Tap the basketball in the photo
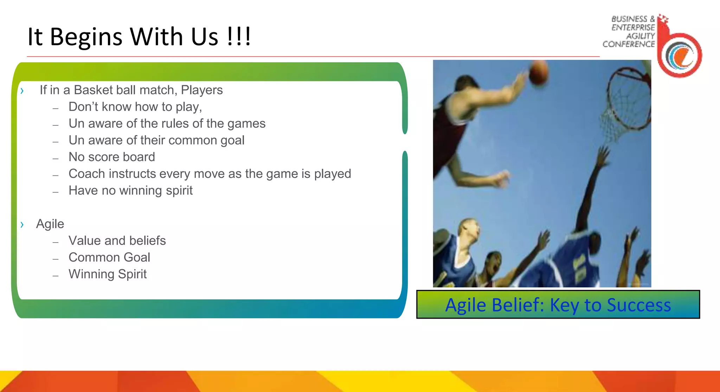tap(538, 72)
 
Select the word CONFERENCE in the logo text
tap(629, 44)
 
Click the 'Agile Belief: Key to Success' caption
tap(558, 305)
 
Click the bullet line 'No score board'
tap(112, 157)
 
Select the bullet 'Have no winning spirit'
tap(130, 191)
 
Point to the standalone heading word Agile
tap(50, 224)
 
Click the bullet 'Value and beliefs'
tap(117, 241)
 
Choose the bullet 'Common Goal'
tap(109, 258)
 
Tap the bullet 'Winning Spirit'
tap(108, 274)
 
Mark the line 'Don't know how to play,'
tap(135, 107)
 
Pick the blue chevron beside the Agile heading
tap(22, 224)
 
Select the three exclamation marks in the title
tap(239, 37)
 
